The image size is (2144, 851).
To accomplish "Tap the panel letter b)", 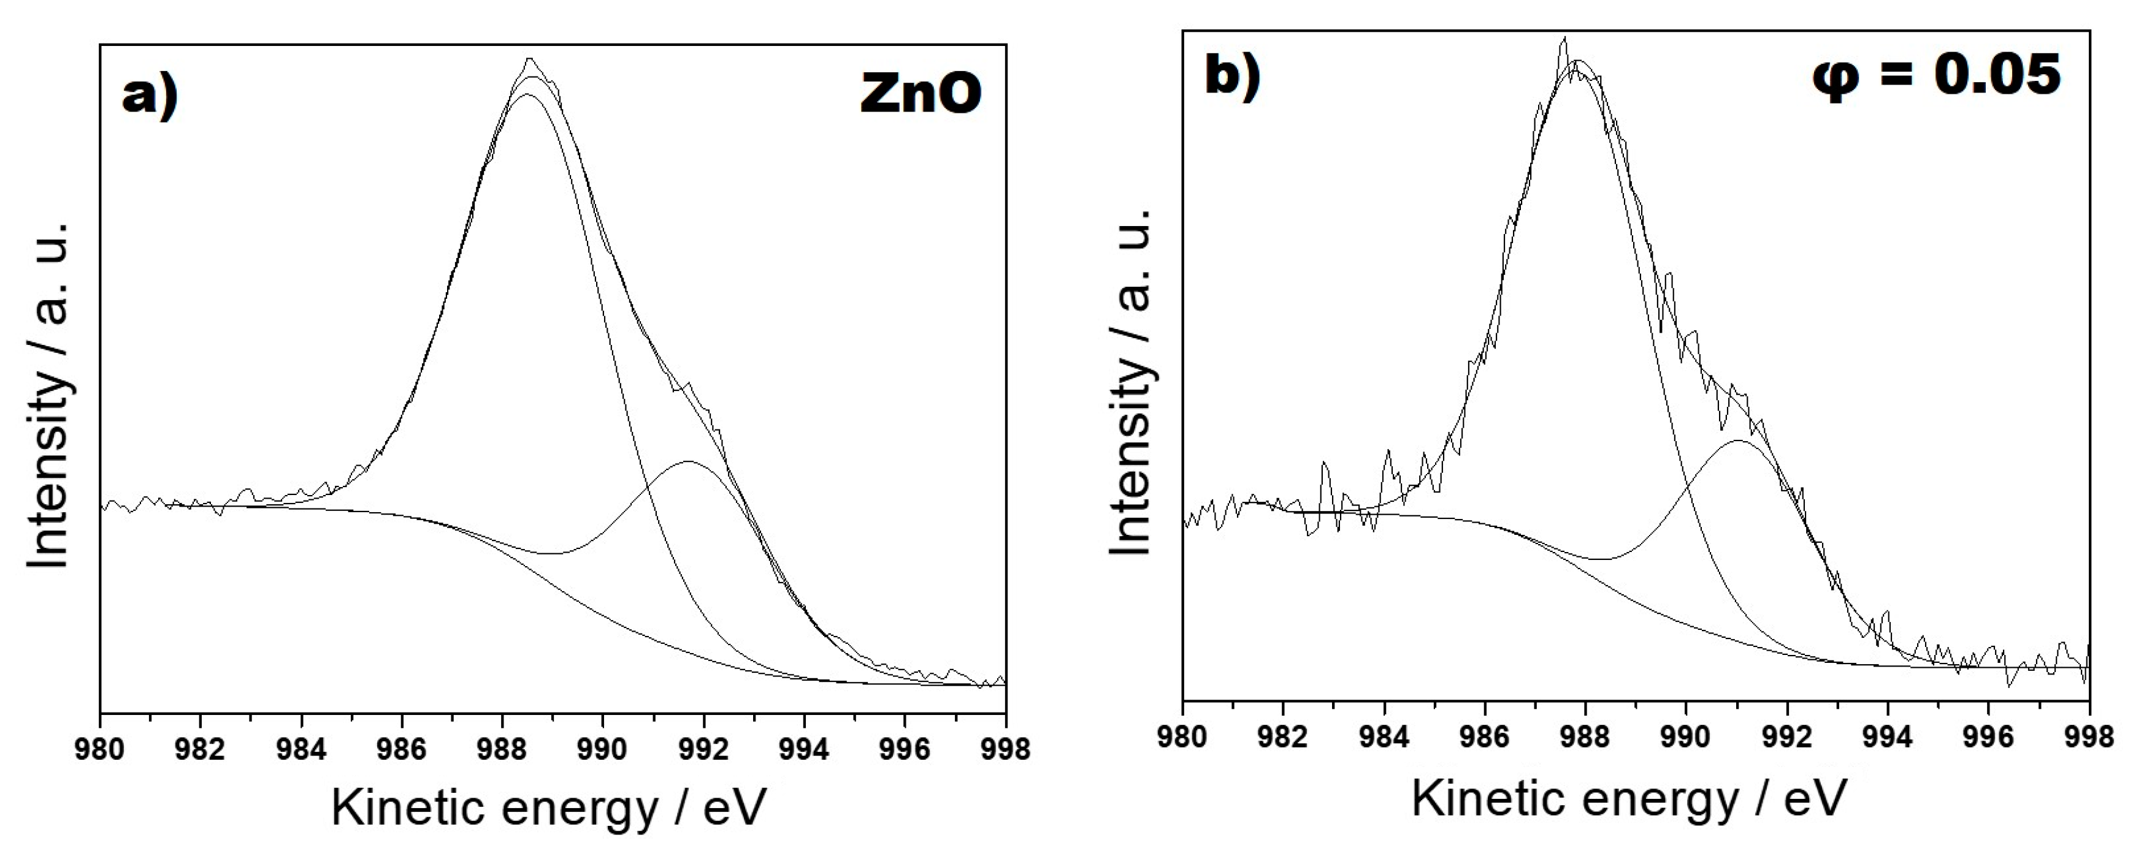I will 1233,75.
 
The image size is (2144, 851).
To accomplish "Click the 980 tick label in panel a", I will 100,749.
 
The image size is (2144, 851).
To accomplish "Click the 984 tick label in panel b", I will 1384,737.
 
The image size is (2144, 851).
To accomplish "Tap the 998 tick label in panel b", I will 2089,737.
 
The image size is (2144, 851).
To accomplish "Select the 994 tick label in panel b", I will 1888,737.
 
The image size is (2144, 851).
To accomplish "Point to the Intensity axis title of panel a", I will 48,397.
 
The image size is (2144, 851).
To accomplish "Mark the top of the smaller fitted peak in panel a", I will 688,461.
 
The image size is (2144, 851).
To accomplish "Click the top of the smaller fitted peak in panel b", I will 1739,441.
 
